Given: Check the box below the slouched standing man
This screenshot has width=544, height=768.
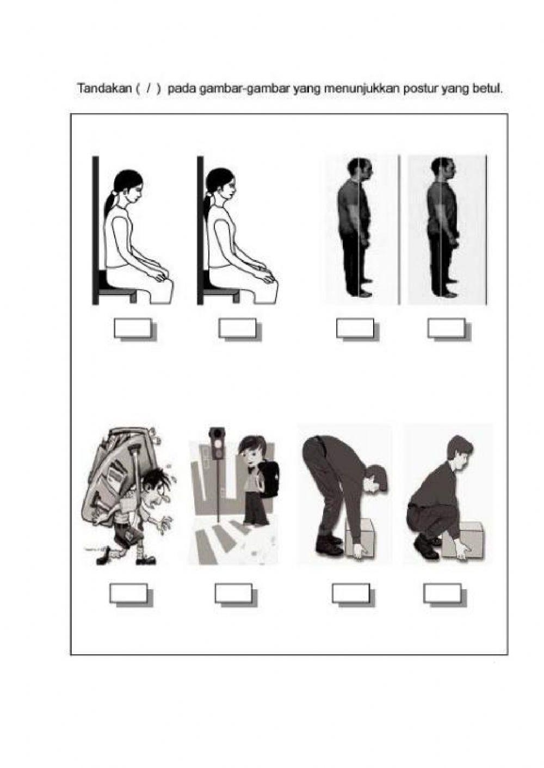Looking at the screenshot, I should coord(355,328).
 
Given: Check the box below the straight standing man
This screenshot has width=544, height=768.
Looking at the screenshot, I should coord(446,328).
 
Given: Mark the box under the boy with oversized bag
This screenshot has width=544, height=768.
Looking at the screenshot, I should coord(128,593).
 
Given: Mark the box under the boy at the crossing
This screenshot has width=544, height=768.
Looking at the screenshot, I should coord(233,593).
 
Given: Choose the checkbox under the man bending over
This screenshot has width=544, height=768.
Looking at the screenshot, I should coord(351,593).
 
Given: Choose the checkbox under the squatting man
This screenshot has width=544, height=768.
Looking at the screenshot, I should coord(442,593).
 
